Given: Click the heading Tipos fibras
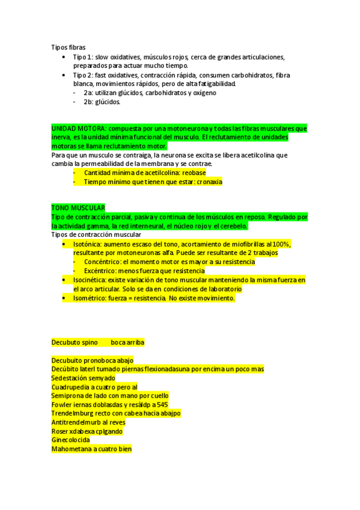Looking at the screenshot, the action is pos(69,47).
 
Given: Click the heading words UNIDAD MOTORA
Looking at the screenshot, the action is pos(79,129).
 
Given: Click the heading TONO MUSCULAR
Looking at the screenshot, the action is pos(78,207).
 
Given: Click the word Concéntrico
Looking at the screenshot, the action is pos(102,262).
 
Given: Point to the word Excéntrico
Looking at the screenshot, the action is pos(100,271).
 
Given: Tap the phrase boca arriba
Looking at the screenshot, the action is pos(127,342).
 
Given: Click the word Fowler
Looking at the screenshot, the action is pos(62,405).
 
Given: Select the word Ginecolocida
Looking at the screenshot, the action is pos(71,440).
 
